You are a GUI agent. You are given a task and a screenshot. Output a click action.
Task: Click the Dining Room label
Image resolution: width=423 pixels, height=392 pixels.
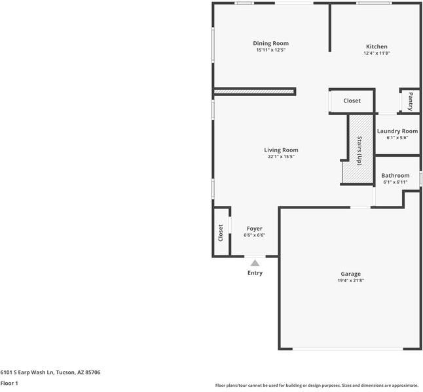pos(270,43)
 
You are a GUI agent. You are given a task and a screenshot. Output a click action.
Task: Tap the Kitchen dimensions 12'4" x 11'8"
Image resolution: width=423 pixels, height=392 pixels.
pos(377,53)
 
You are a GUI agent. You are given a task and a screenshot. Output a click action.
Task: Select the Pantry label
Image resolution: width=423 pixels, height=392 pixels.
pos(411,101)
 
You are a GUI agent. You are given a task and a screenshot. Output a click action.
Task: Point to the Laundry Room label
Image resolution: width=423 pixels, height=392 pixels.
pos(397,131)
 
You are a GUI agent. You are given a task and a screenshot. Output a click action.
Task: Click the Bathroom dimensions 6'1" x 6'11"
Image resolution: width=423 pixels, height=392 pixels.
pos(395,182)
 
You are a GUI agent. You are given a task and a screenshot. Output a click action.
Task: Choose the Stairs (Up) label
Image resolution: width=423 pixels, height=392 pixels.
pos(359,151)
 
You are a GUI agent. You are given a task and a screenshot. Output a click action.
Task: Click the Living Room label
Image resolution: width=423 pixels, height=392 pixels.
pos(281,150)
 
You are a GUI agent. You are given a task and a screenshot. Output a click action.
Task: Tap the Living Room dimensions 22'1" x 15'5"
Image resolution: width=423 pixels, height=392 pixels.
pos(281,156)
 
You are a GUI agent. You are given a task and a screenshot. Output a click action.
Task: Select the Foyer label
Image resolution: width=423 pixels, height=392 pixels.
pos(255,229)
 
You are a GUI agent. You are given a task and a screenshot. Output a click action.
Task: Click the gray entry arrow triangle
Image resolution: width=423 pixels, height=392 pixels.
pos(255,263)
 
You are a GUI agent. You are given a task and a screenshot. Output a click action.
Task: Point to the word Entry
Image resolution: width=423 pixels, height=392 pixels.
pos(255,273)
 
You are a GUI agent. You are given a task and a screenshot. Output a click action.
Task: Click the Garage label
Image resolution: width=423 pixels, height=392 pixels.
pos(351,274)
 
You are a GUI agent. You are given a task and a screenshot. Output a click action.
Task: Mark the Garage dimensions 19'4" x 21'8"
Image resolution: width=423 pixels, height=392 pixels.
pos(351,280)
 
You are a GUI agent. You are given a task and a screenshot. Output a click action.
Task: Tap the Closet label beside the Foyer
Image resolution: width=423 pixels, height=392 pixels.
pos(221,233)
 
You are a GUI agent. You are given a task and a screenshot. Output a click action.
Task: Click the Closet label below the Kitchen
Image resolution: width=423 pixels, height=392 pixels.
pos(352,101)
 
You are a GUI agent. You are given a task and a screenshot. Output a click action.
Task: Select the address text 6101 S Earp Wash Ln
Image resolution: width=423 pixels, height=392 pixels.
pos(28,372)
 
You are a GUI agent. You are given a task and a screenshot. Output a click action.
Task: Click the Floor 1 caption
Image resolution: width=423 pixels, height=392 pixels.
pos(9,383)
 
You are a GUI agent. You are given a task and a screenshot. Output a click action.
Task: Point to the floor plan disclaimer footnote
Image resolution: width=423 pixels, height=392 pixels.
pos(316,385)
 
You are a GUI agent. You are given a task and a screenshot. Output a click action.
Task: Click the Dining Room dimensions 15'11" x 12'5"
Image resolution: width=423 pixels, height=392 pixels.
pos(271,50)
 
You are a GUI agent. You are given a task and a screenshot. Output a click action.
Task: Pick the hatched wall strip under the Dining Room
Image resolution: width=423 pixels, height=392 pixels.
pos(254,92)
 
